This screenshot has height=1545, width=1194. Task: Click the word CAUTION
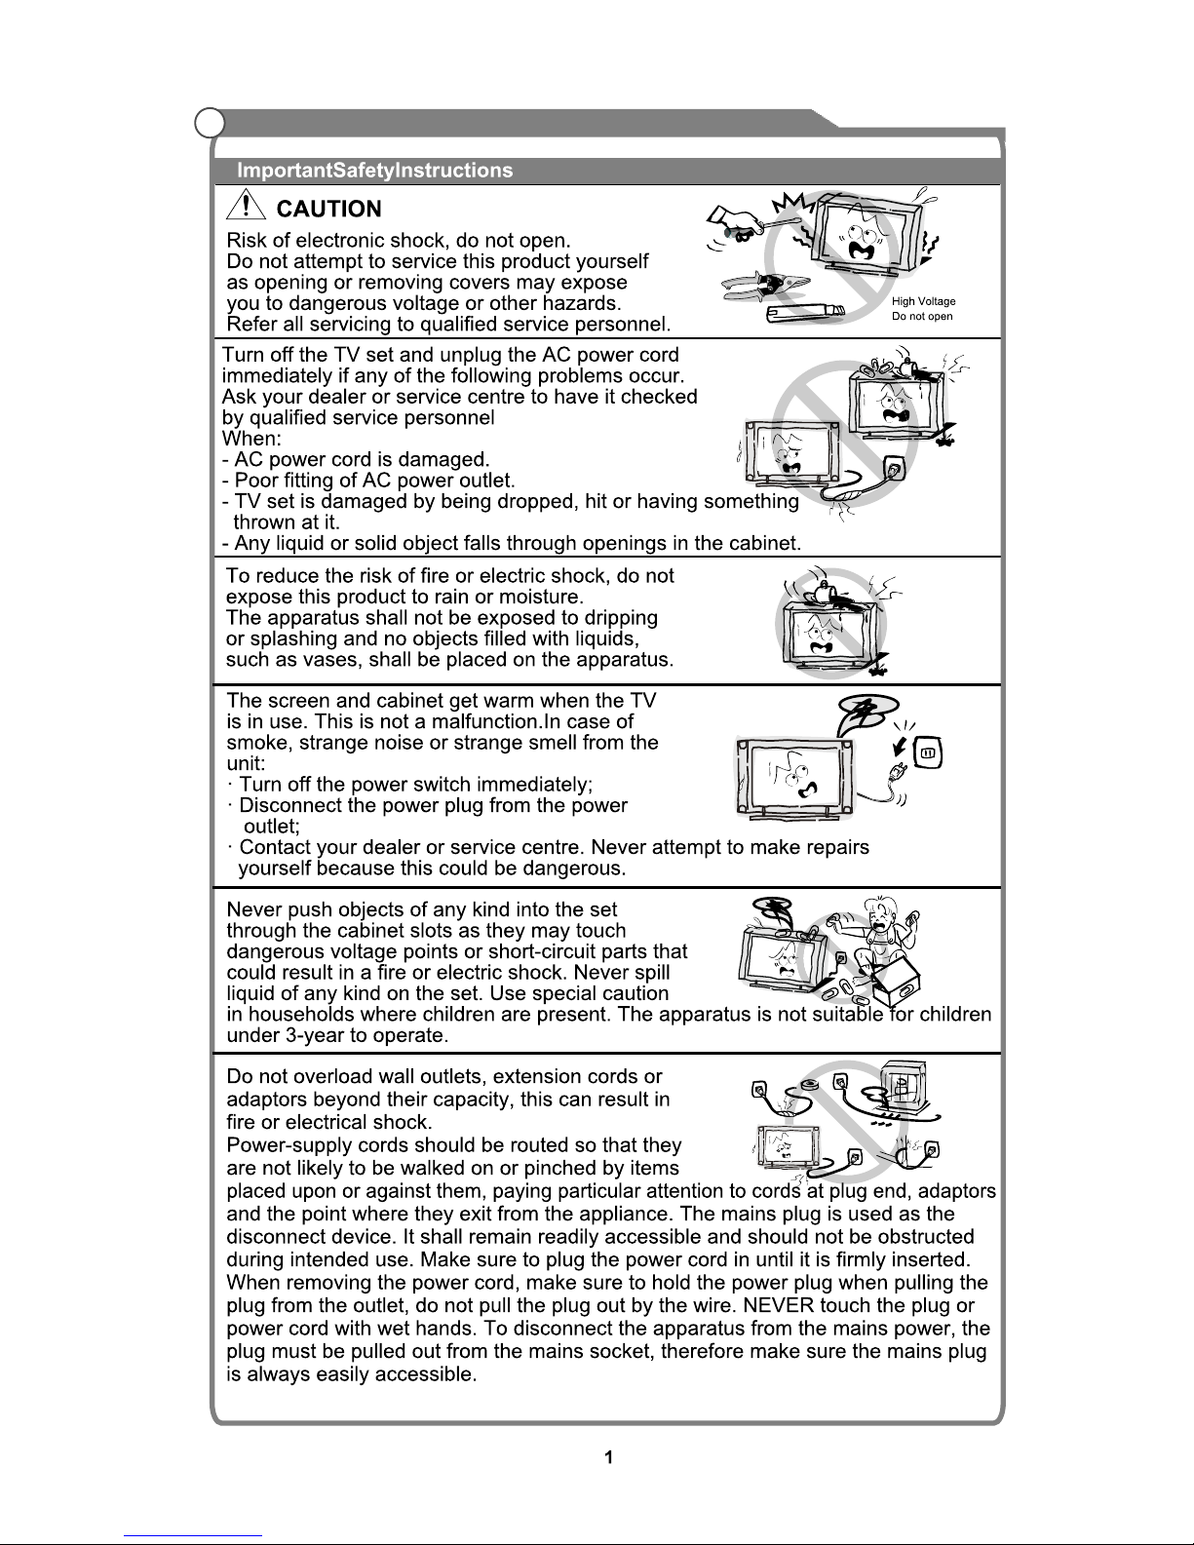tap(329, 210)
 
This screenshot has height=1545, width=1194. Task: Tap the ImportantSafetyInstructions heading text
tap(375, 171)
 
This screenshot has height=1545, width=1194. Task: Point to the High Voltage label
tap(923, 302)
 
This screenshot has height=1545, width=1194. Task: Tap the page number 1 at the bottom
tap(608, 1458)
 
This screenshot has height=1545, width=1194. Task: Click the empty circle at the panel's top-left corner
tap(209, 124)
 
